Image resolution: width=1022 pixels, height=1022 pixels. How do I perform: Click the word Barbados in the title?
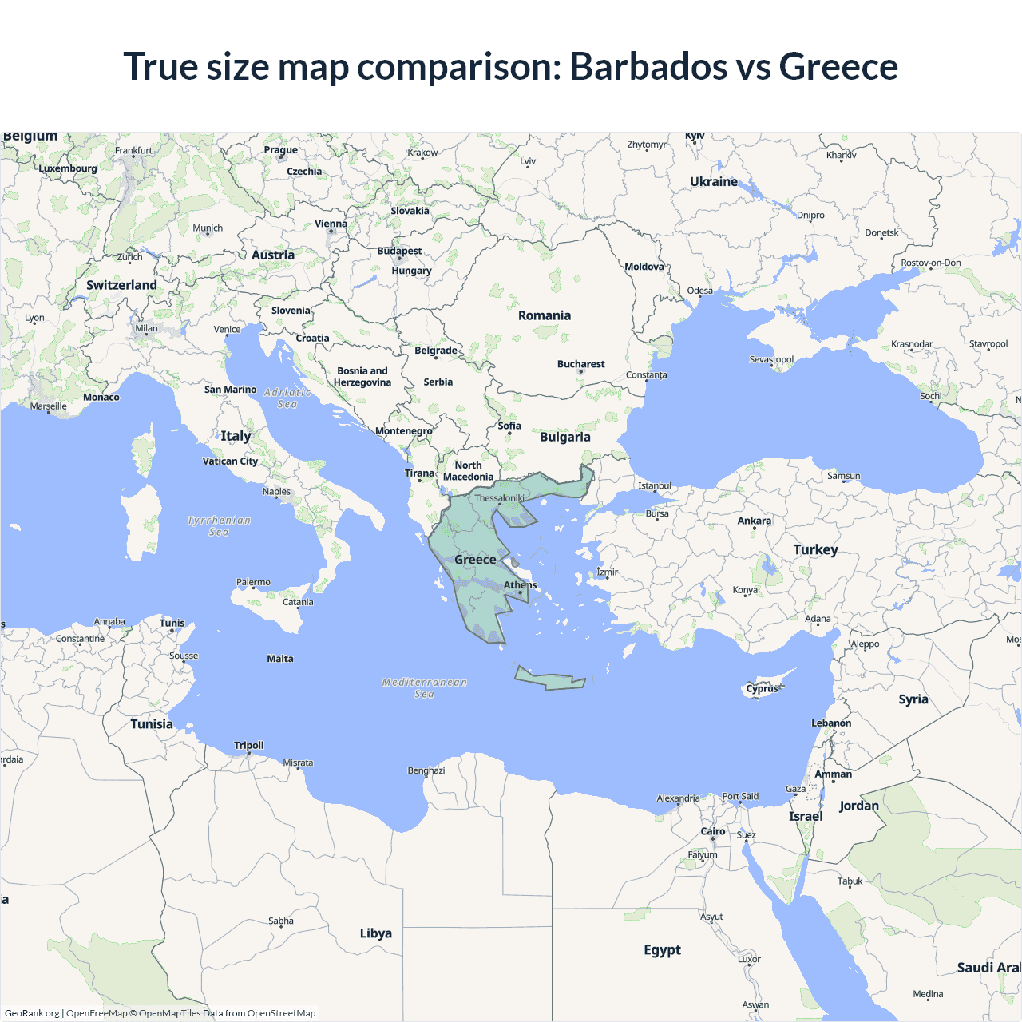pos(647,66)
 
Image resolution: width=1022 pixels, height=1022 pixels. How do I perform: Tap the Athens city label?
pos(520,585)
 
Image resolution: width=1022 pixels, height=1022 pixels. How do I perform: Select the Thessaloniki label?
pos(499,498)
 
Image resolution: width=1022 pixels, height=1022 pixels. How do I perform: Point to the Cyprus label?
pos(762,688)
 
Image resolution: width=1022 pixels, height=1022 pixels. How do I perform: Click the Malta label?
pos(280,659)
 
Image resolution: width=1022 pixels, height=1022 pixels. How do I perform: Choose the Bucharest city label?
pos(580,364)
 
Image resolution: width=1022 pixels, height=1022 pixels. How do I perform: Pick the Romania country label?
pos(545,315)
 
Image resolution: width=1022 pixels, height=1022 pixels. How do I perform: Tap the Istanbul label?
pos(655,485)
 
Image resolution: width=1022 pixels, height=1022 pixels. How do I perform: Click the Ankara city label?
pos(754,521)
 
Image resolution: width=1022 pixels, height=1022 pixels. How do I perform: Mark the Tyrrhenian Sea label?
pos(219,525)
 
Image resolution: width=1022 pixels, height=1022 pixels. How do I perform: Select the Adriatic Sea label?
pos(287,398)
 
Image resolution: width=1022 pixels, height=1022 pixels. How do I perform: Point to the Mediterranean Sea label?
pos(425,687)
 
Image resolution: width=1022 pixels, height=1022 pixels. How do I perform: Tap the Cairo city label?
pos(713,831)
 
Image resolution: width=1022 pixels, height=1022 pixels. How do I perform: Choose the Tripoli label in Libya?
pos(248,745)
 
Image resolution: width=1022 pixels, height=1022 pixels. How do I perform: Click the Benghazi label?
pos(426,770)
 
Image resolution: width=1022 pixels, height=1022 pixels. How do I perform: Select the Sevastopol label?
pos(771,359)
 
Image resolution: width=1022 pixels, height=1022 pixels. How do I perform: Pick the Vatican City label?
pos(230,461)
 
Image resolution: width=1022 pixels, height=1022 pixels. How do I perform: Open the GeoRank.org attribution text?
pos(32,1013)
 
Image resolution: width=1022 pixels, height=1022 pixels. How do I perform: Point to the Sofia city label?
pos(509,426)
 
